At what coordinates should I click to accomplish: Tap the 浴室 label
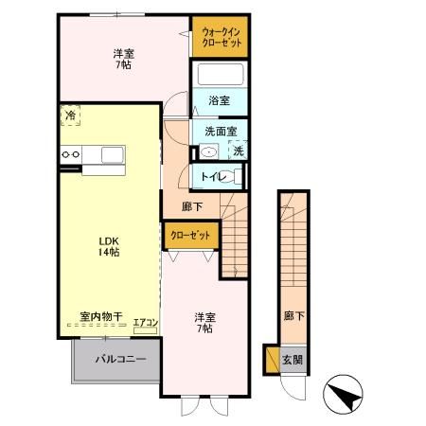tap(220, 98)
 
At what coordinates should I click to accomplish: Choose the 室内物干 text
tap(98, 320)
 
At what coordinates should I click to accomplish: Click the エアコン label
tap(145, 323)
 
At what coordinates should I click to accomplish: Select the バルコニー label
tap(118, 360)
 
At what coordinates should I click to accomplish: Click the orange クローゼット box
tap(190, 235)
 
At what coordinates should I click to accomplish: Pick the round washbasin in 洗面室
tap(210, 151)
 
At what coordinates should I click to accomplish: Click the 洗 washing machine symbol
tap(238, 151)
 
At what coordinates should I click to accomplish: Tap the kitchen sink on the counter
tap(111, 153)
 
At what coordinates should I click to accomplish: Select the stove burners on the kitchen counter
tap(70, 153)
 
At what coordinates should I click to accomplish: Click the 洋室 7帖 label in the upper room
tap(122, 60)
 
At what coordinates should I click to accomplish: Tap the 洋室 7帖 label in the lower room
tap(204, 322)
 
